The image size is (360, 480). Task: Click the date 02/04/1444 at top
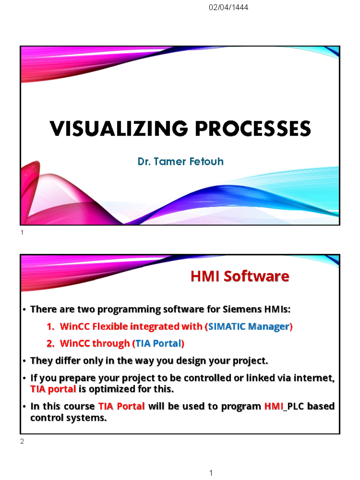228,7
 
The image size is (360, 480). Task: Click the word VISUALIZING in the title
119,129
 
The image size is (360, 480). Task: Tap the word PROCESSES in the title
253,129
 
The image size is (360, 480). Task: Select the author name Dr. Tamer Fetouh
180,162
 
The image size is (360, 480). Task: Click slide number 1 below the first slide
22,232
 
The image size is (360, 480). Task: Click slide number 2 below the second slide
22,441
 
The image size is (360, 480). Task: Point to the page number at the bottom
211,473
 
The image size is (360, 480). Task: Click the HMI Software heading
240,276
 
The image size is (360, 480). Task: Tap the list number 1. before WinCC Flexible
50,327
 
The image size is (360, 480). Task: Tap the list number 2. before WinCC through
50,343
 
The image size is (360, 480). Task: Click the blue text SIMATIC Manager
249,326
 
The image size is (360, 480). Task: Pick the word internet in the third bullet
313,378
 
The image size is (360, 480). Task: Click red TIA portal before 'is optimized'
53,389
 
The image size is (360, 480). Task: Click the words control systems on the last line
68,418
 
